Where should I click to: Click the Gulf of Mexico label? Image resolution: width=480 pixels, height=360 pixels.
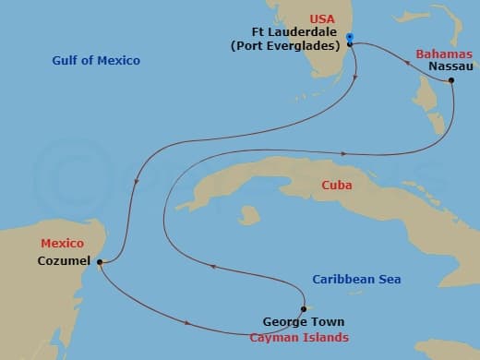[96, 60]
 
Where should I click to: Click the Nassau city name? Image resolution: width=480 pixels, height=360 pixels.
[451, 67]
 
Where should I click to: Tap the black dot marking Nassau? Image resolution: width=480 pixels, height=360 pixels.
[451, 81]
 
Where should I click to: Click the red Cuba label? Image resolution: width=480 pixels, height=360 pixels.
[336, 186]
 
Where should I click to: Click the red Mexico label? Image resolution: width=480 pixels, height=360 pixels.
[62, 243]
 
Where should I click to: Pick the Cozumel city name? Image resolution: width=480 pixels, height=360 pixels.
[64, 262]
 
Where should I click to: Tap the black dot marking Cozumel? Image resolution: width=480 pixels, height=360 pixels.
[99, 262]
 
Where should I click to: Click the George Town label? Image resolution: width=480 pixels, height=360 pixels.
[304, 322]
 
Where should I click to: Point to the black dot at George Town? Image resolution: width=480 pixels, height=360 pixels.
[303, 308]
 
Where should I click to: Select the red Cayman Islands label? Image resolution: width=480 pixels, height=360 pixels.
[300, 337]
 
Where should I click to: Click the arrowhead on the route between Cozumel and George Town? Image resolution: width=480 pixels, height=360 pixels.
[189, 322]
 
